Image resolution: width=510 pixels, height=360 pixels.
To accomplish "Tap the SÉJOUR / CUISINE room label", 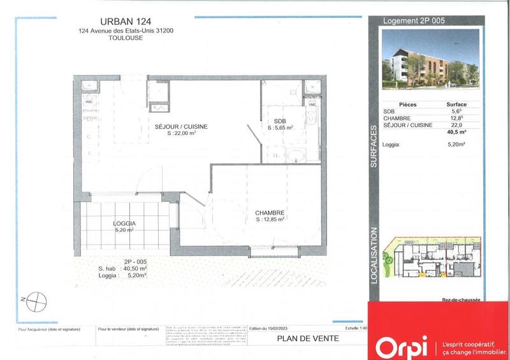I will pyautogui.click(x=181, y=127).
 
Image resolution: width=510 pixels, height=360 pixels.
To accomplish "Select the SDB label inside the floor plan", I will pyautogui.click(x=280, y=121).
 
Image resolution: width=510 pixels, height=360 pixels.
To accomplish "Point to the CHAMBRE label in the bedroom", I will pyautogui.click(x=269, y=212).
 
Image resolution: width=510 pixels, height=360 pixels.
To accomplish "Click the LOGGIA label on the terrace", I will pyautogui.click(x=126, y=224).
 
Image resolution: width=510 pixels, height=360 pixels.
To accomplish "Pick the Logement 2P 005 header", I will pyautogui.click(x=413, y=20).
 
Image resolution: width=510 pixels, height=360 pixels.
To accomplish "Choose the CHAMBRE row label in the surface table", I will pyautogui.click(x=398, y=119).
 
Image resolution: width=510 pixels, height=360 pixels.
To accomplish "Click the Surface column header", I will pyautogui.click(x=457, y=104).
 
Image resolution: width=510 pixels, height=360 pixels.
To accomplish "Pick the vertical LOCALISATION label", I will pyautogui.click(x=374, y=256).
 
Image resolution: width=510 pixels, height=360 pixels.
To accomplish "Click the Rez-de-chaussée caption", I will pyautogui.click(x=461, y=299).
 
